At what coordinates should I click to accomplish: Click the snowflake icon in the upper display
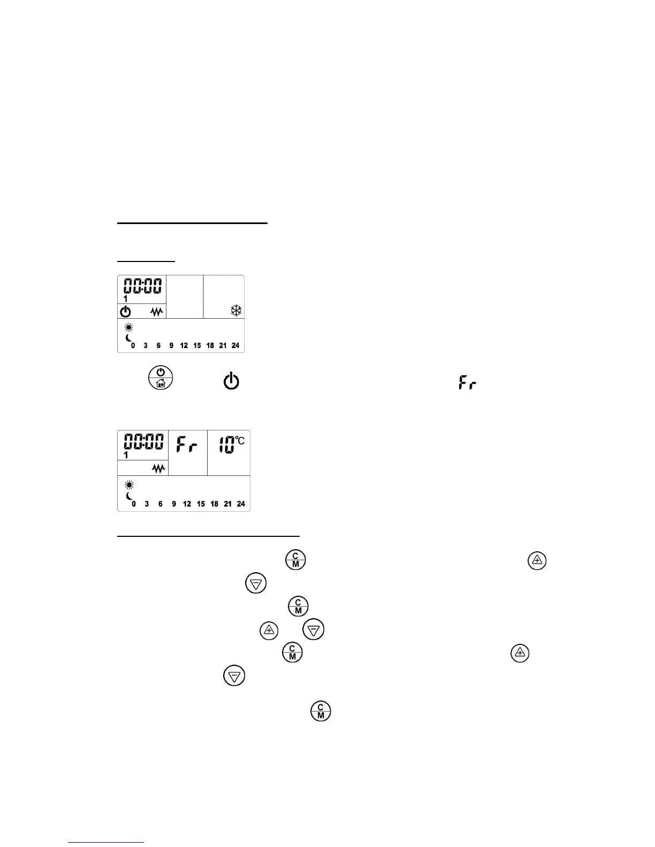[x=236, y=311]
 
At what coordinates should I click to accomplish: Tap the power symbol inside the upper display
[x=125, y=311]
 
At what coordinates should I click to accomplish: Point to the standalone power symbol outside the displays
[x=231, y=382]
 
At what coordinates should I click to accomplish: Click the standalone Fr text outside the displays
[x=467, y=383]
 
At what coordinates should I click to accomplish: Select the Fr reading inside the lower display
[x=187, y=444]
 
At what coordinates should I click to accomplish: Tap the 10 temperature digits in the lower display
[x=226, y=445]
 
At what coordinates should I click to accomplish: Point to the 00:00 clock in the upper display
[x=142, y=286]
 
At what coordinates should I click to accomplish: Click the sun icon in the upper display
[x=128, y=328]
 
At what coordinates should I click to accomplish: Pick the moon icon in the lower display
[x=129, y=496]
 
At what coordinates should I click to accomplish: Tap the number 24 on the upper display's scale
[x=235, y=345]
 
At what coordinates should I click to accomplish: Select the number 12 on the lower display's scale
[x=187, y=504]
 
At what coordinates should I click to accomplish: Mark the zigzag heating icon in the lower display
[x=159, y=468]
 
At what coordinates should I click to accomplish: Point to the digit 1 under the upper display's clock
[x=126, y=299]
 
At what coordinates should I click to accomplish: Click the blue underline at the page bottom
[x=106, y=842]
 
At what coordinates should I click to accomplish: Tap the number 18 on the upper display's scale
[x=210, y=345]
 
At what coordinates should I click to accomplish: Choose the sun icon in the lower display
[x=129, y=485]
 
